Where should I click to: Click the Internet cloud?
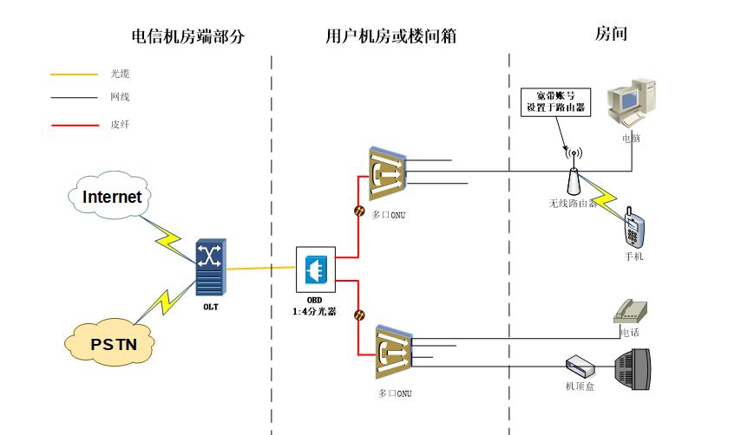(x=111, y=197)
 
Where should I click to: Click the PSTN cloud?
(x=114, y=343)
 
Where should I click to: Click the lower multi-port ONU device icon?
(x=395, y=354)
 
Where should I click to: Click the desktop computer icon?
(x=633, y=103)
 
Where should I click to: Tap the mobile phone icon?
(x=633, y=230)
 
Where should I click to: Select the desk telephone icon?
(x=631, y=310)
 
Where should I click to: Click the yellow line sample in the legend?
(x=74, y=75)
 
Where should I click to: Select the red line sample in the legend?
(x=74, y=125)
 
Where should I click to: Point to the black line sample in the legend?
(x=74, y=98)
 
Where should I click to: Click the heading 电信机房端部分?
(x=188, y=36)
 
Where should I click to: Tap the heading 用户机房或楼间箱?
(x=390, y=36)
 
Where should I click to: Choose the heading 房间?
(x=611, y=35)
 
